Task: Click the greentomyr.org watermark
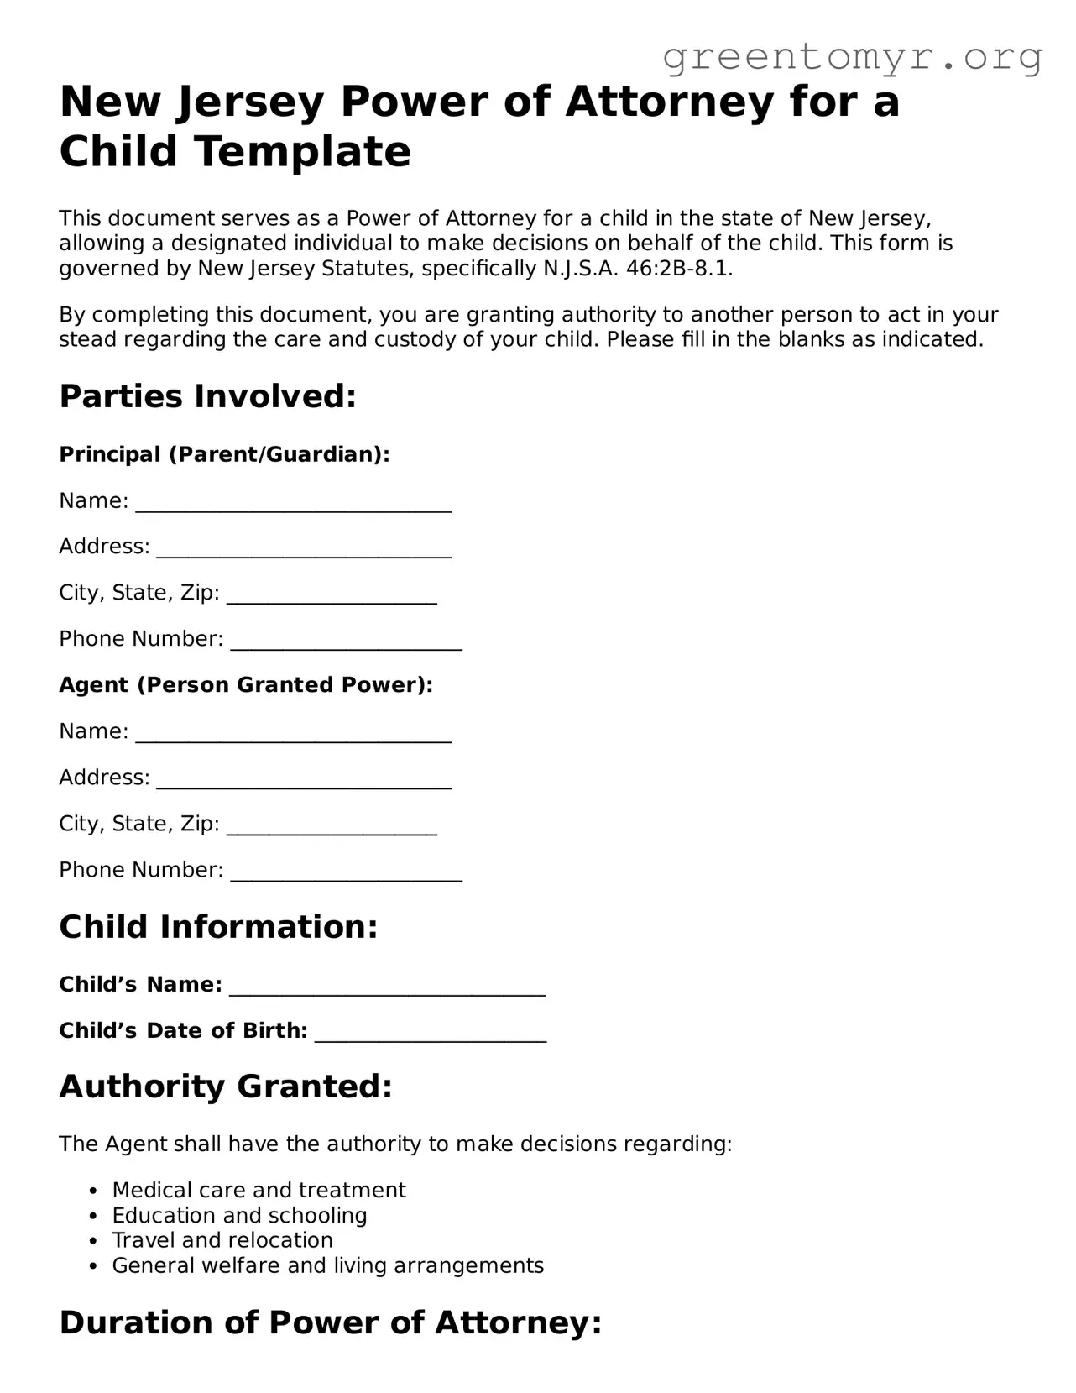click(852, 57)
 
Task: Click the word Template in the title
click(303, 152)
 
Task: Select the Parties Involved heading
click(208, 396)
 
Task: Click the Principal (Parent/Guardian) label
click(224, 454)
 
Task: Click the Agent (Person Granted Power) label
click(246, 685)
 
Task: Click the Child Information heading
click(218, 927)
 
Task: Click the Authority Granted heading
click(226, 1087)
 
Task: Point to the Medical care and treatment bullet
click(259, 1190)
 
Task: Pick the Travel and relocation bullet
click(222, 1240)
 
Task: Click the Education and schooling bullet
click(239, 1215)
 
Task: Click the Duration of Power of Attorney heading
click(331, 1322)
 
